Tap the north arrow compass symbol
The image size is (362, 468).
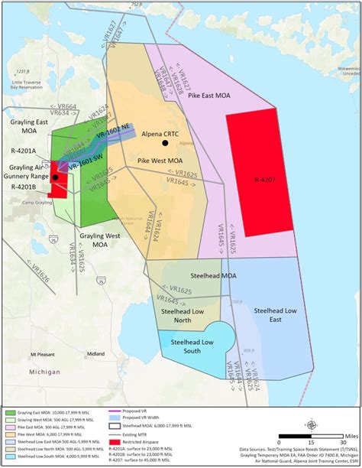pyautogui.click(x=311, y=425)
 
